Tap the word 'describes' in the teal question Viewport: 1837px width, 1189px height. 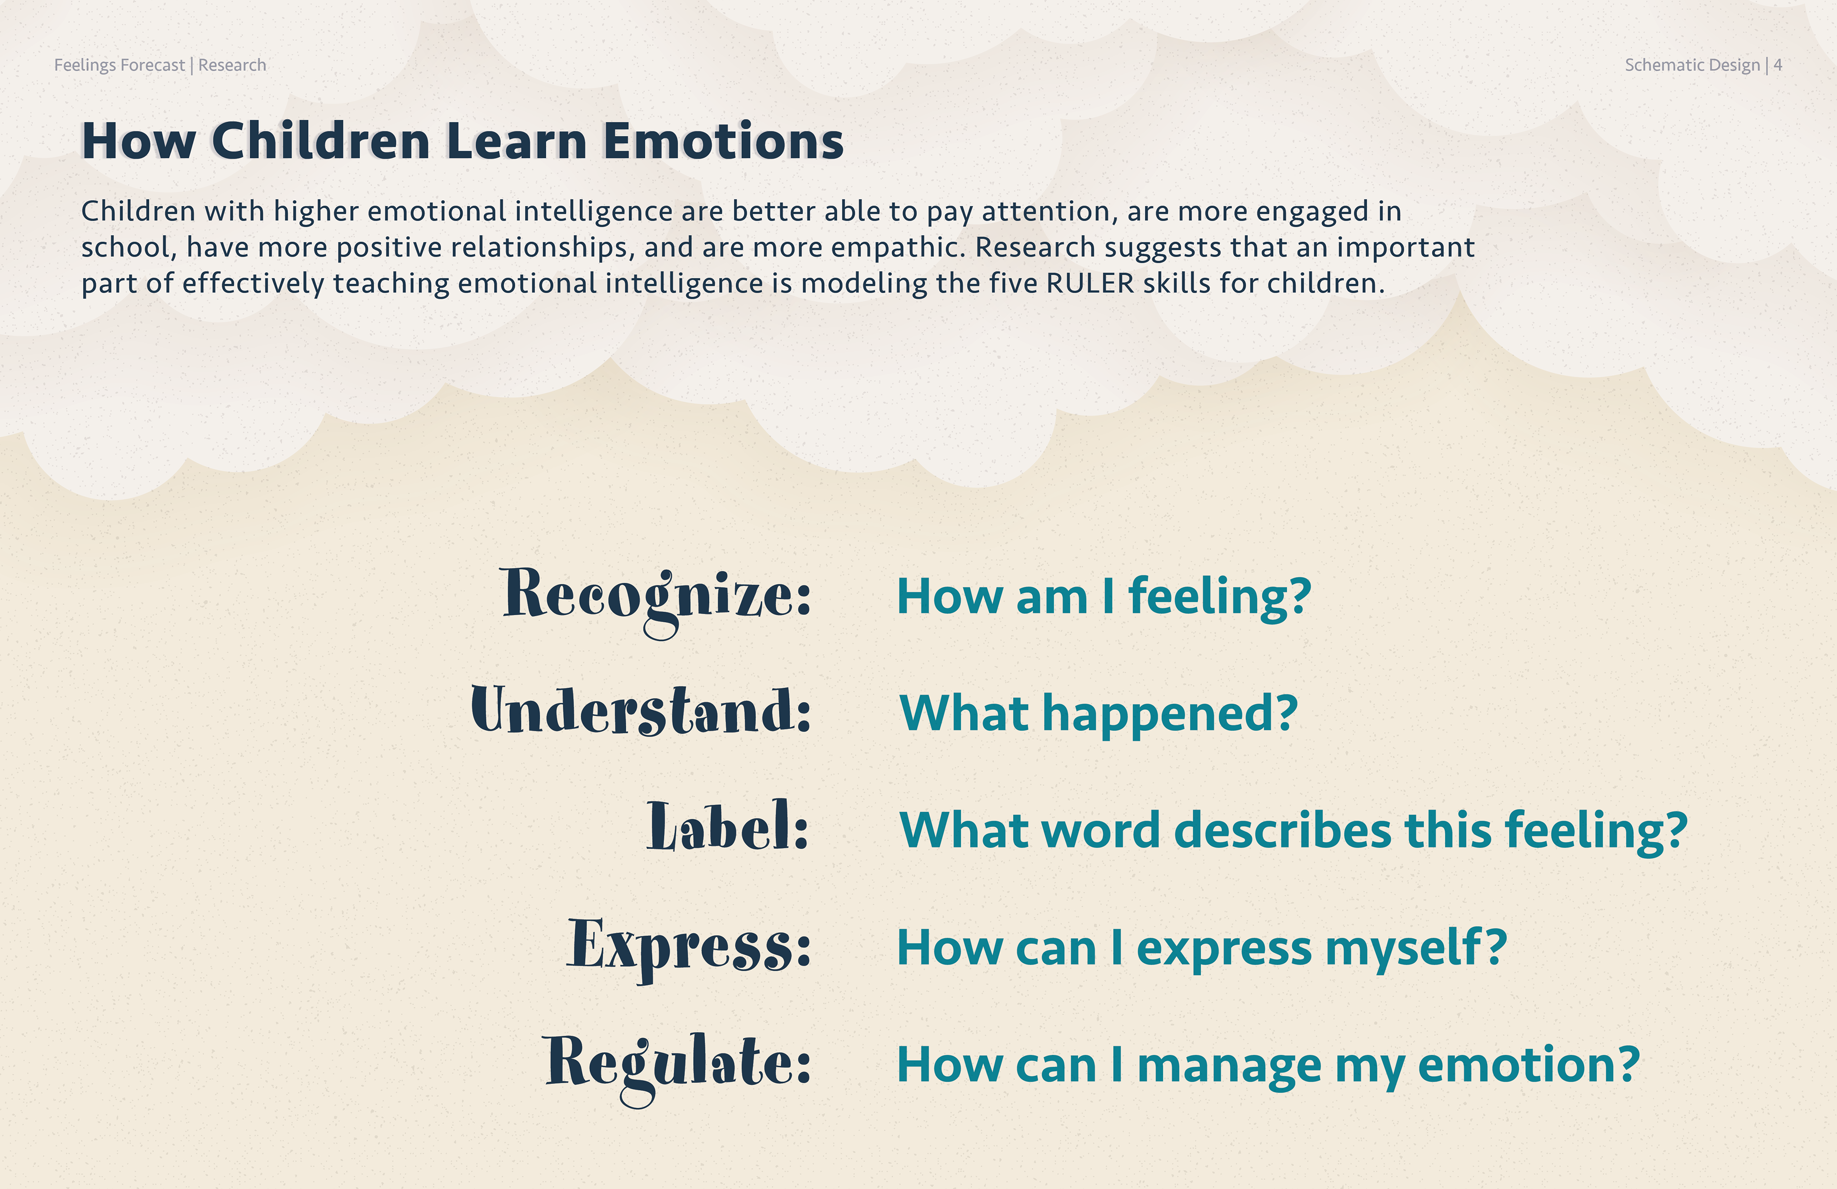pyautogui.click(x=1283, y=830)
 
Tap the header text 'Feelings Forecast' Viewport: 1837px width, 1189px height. pyautogui.click(x=120, y=66)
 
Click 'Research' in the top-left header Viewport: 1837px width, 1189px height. pyautogui.click(x=232, y=65)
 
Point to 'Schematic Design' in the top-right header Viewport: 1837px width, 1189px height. pyautogui.click(x=1692, y=66)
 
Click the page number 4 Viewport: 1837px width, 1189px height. pyautogui.click(x=1778, y=65)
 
